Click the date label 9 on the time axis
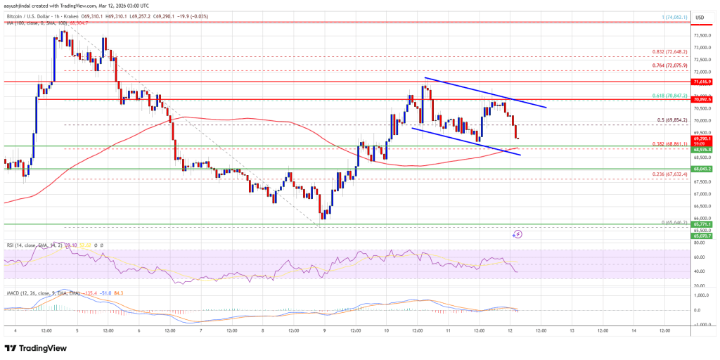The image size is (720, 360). pyautogui.click(x=323, y=330)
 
